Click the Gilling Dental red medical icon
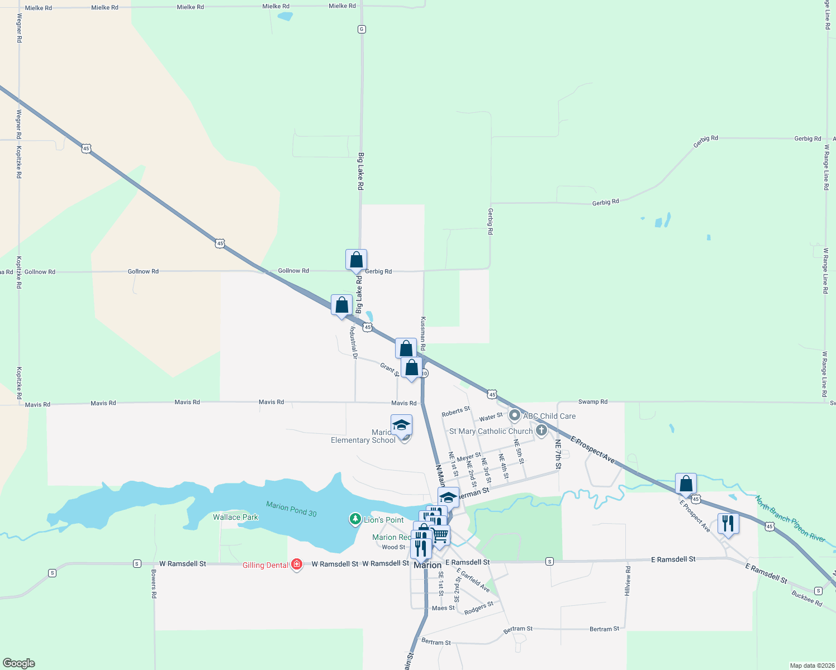point(297,564)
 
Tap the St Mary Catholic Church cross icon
point(541,430)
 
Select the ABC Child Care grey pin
point(515,416)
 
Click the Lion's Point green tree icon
point(355,519)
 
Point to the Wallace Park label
point(235,517)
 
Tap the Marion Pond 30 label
point(291,509)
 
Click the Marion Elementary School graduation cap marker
point(401,426)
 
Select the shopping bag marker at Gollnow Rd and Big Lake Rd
point(356,260)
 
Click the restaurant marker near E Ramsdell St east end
point(727,524)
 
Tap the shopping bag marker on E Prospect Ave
point(686,484)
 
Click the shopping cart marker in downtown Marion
point(440,535)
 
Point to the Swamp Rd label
point(592,401)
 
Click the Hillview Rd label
point(628,581)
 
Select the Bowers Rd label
point(154,584)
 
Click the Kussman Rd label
point(423,334)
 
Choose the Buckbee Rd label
point(806,599)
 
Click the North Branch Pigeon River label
point(790,519)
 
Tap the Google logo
point(19,663)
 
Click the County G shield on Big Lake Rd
point(362,29)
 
